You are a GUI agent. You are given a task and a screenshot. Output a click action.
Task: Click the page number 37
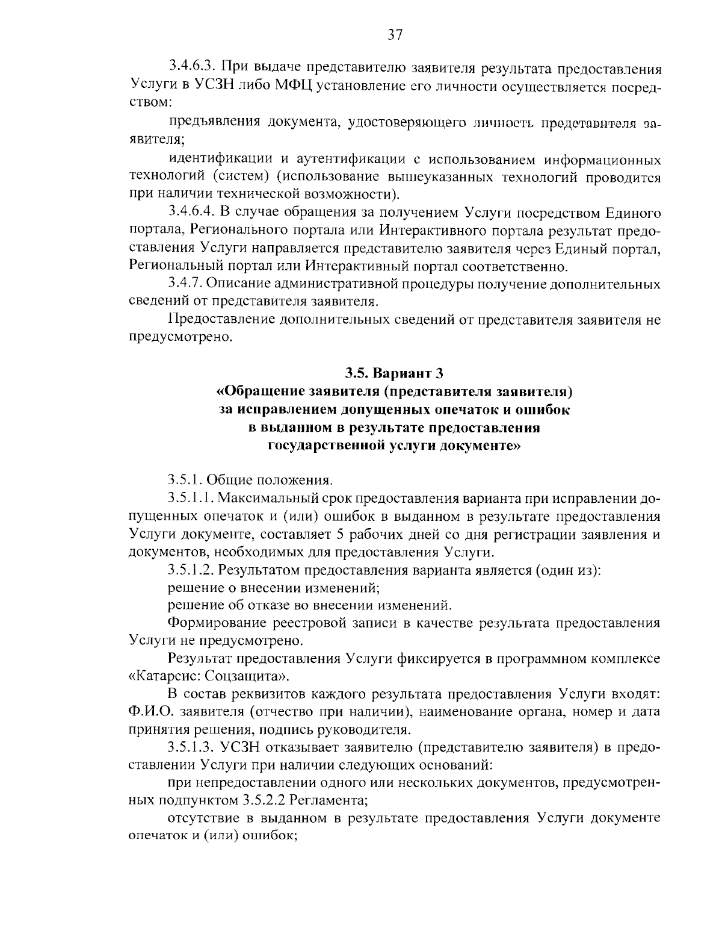[395, 34]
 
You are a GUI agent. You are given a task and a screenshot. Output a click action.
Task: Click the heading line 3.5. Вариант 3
[394, 373]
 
